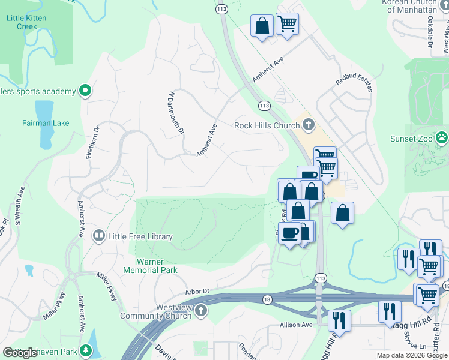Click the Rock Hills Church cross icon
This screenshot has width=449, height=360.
[309, 125]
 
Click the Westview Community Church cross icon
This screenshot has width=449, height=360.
[201, 311]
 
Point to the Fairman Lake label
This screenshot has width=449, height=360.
[46, 123]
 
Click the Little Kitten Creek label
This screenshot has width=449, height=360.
[26, 22]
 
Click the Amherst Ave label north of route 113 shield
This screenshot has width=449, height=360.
[267, 70]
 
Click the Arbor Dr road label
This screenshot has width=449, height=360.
[197, 291]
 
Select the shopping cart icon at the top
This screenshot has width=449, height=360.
[288, 23]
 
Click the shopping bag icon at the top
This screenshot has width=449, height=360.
[262, 26]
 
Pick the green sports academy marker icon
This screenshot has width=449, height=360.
[85, 91]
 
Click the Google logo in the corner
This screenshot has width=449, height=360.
[20, 353]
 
